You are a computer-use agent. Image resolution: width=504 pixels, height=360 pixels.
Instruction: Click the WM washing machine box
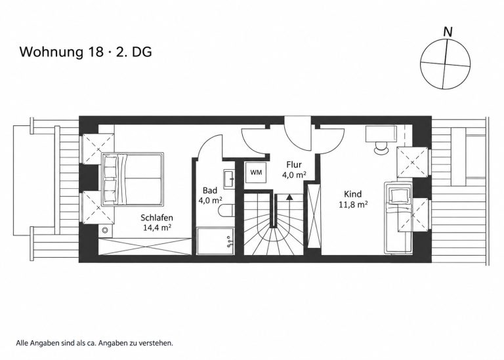click(256, 172)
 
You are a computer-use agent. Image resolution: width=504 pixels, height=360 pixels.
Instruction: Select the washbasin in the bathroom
click(230, 178)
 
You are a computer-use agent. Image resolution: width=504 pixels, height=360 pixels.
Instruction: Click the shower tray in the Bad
click(215, 241)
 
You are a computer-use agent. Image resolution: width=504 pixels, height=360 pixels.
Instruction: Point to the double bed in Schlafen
click(133, 179)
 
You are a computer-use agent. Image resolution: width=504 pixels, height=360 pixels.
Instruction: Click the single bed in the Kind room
click(398, 218)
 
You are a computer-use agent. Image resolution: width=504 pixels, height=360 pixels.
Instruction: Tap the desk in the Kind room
click(381, 133)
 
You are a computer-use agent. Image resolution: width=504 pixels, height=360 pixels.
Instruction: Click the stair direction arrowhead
click(289, 197)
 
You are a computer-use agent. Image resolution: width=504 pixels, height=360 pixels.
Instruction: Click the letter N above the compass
click(448, 31)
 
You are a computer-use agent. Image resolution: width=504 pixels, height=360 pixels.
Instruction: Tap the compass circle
click(446, 64)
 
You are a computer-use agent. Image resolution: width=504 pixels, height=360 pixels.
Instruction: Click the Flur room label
click(294, 165)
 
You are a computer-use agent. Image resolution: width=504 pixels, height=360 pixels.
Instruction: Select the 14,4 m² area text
click(157, 228)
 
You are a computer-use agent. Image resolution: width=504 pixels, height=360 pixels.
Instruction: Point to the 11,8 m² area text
click(353, 204)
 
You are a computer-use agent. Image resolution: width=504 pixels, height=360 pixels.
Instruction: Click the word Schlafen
click(157, 218)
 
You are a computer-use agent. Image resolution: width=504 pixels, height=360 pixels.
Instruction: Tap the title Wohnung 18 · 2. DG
click(86, 52)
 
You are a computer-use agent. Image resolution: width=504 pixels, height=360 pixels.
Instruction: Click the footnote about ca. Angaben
click(94, 343)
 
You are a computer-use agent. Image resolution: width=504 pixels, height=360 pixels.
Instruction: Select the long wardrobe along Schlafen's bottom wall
click(145, 247)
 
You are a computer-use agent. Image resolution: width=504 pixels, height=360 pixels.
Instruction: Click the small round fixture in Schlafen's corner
click(105, 230)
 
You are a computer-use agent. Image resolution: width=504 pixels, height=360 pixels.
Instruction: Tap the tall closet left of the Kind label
click(314, 216)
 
